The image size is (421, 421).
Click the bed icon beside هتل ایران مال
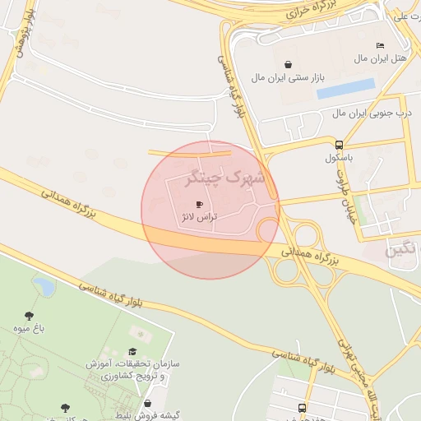point(379,45)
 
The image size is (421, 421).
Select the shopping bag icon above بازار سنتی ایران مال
point(288,64)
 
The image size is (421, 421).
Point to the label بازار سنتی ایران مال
point(289,77)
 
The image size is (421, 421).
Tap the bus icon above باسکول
point(339,145)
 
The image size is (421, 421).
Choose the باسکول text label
point(339,157)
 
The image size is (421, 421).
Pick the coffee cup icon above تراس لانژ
point(199,204)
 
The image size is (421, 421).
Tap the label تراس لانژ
point(198,217)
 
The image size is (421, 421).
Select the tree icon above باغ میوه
point(30,315)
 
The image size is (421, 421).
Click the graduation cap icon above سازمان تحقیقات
point(132,351)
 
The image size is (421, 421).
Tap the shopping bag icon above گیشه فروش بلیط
point(147,403)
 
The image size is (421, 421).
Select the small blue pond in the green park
point(44,287)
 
